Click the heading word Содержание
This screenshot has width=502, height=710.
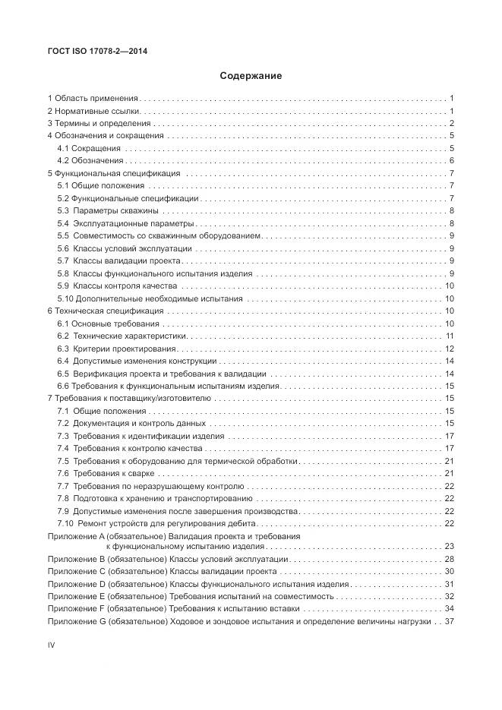(x=251, y=76)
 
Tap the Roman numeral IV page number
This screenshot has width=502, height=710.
(x=52, y=645)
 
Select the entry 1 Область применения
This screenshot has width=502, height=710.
(x=93, y=99)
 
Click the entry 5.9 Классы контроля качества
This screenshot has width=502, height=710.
(x=117, y=286)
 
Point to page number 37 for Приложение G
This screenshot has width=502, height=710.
(x=449, y=621)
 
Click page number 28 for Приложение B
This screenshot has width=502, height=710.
(x=449, y=559)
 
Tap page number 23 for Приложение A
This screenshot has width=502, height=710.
(x=449, y=546)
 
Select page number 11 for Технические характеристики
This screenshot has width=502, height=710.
(x=450, y=336)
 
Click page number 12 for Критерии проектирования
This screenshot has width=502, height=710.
(x=449, y=349)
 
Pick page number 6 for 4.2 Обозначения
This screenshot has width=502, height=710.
(x=451, y=160)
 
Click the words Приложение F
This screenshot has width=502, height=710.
(x=76, y=608)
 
